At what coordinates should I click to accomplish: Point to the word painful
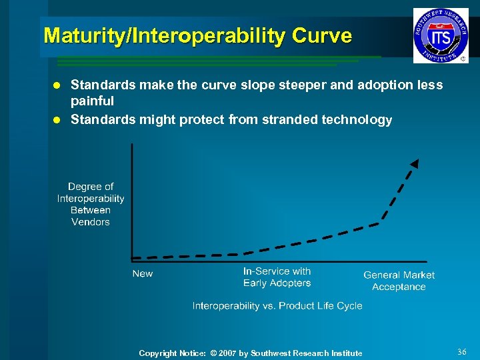[92, 101]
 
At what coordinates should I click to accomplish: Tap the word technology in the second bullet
[357, 120]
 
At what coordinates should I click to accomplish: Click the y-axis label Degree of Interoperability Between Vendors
[91, 204]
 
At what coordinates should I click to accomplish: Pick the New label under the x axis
[142, 274]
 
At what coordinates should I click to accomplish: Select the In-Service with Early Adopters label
[277, 277]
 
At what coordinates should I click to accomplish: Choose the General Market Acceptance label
[399, 281]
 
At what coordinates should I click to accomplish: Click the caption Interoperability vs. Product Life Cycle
[277, 306]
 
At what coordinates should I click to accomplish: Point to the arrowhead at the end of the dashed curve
[414, 163]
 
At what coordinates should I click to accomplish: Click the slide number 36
[462, 351]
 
